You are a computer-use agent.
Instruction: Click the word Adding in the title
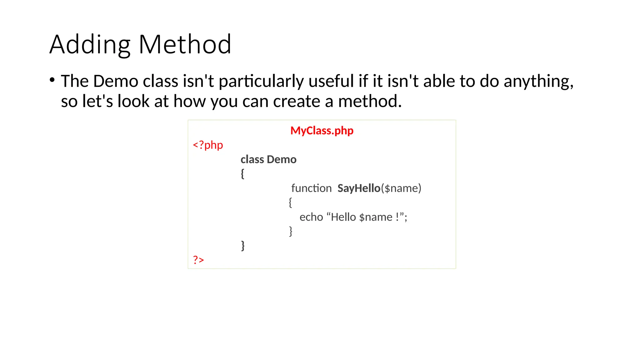(90, 45)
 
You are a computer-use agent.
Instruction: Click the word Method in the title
(185, 45)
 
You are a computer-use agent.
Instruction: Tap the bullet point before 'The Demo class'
(52, 80)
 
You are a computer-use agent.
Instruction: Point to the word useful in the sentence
(331, 81)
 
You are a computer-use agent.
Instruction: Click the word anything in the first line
(538, 81)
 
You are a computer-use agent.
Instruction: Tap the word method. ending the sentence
(370, 101)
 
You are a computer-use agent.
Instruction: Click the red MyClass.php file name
(322, 131)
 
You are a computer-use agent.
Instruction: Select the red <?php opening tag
(208, 145)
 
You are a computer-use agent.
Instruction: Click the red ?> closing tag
(198, 260)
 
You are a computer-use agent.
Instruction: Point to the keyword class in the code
(252, 159)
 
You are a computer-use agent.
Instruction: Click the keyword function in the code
(311, 188)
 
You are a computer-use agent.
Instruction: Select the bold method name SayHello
(359, 188)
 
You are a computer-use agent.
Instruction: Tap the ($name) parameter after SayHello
(401, 188)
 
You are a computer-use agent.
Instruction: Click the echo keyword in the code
(311, 217)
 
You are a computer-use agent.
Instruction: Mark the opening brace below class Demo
(242, 174)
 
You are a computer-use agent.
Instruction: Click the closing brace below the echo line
(291, 231)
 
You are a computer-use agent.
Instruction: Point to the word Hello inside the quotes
(343, 217)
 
